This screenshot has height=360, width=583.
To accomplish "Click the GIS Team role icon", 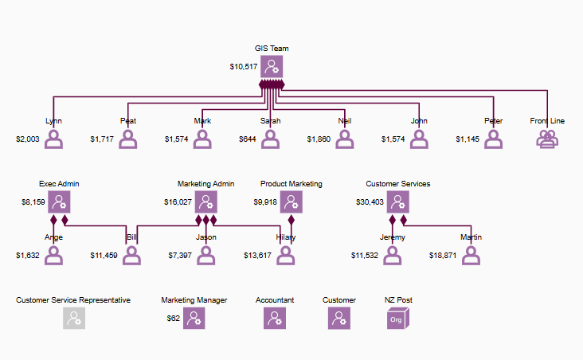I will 272,67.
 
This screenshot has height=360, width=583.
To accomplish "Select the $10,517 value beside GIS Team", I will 244,67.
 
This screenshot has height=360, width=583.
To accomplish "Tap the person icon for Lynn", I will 53,139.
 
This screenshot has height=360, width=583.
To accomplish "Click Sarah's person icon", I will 271,139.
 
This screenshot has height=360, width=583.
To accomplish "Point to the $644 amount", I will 248,139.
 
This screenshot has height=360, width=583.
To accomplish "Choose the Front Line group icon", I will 547,139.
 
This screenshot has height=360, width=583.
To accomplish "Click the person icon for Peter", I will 494,139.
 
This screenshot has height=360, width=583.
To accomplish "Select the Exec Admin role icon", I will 58,202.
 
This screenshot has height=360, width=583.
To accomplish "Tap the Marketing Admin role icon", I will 205,202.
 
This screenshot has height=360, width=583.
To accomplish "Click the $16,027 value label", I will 178,202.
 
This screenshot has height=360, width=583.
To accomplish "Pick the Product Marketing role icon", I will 291,202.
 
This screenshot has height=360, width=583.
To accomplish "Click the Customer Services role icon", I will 397,202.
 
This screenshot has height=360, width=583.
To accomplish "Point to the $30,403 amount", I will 370,202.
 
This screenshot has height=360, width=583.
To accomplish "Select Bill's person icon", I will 131,255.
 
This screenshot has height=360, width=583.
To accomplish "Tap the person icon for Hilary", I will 285,255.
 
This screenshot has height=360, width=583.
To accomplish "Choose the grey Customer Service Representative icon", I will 73,319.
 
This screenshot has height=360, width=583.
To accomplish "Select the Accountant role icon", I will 275,319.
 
